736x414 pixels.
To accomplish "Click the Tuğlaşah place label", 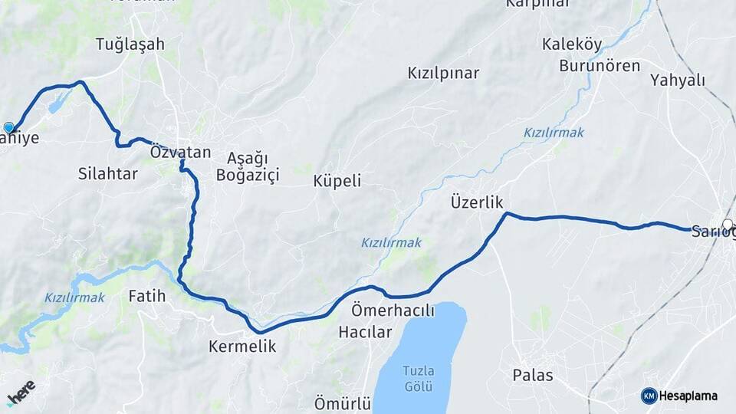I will click(x=130, y=44).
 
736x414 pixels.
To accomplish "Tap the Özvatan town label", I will click(x=181, y=153).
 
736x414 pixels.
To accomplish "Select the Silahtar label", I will click(x=108, y=174).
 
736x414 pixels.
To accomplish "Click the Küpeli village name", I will click(x=337, y=182).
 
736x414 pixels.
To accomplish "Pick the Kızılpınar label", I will click(x=443, y=74).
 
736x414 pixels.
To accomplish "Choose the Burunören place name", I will click(x=600, y=66).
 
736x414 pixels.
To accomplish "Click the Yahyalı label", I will click(x=678, y=80).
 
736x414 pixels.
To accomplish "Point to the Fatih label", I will click(x=147, y=295).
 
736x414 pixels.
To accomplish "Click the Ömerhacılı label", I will click(x=393, y=311).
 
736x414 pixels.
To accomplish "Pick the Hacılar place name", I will click(x=365, y=333).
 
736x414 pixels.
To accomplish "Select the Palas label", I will click(x=533, y=376).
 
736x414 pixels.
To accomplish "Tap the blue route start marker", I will click(x=9, y=127).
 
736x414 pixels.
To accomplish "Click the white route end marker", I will click(x=727, y=224).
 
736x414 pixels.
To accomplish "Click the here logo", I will click(x=21, y=391).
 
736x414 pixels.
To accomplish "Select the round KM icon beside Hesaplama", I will click(x=649, y=396).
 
